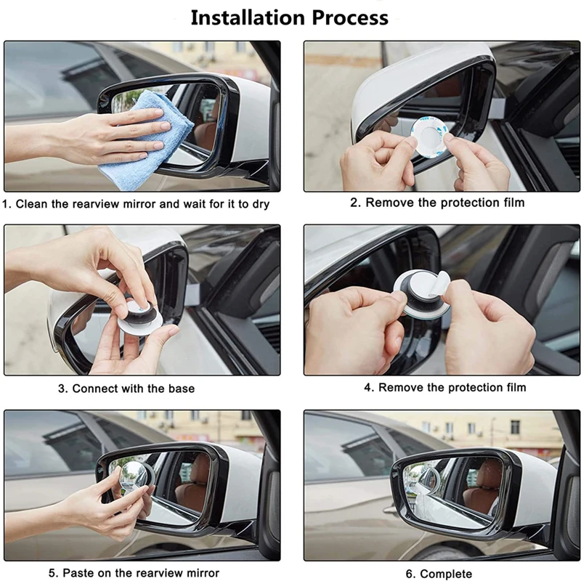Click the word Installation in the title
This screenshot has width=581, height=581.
(248, 17)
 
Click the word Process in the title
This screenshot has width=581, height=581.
(350, 17)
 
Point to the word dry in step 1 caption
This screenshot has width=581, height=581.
(260, 205)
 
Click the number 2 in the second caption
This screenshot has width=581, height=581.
(354, 203)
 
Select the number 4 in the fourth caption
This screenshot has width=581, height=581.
(367, 388)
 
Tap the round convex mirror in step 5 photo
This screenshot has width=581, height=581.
(134, 477)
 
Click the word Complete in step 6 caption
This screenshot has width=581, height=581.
(446, 574)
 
